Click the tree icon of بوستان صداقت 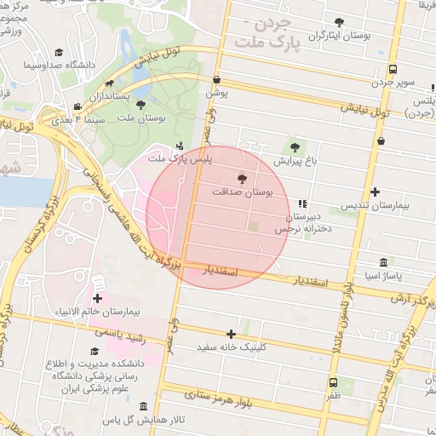243,179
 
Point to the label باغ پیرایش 295,159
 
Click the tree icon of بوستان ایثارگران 339,22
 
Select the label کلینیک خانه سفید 232,347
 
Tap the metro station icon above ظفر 332,382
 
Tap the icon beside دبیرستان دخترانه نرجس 301,204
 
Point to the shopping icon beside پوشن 216,80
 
